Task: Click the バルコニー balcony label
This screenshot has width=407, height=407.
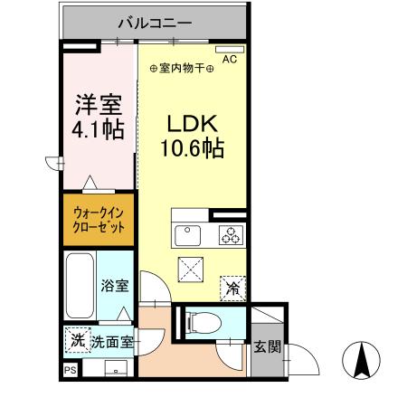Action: [151, 21]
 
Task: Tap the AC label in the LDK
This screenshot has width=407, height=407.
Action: [229, 60]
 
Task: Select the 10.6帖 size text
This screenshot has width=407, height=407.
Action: [193, 147]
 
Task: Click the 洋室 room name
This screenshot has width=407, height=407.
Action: [98, 105]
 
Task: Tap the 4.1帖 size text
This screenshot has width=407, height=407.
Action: [98, 130]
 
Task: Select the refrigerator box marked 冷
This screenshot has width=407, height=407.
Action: [232, 288]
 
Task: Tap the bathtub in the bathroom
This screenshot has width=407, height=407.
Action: [80, 286]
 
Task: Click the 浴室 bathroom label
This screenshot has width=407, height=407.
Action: [115, 286]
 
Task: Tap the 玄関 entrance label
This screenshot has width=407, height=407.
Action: [266, 345]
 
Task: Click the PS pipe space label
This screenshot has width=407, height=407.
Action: [70, 370]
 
